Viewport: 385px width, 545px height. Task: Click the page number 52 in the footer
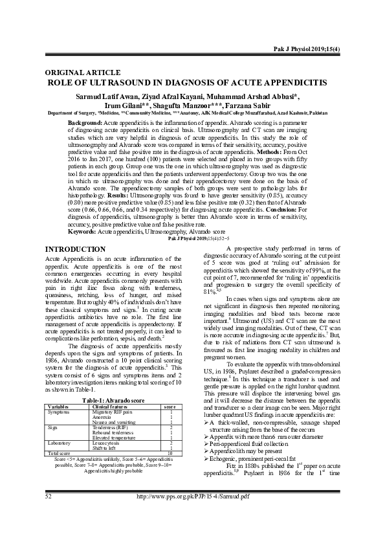point(48,531)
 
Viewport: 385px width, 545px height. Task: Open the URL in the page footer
point(192,531)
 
